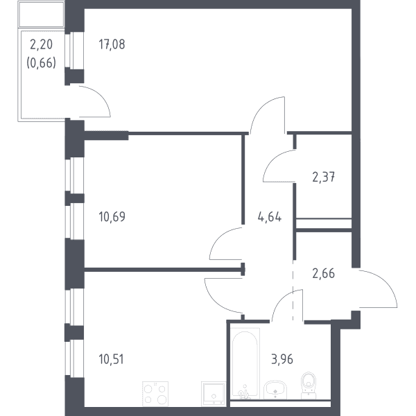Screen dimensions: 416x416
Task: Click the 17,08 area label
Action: pos(112,44)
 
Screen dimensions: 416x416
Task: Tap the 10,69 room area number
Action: pos(112,216)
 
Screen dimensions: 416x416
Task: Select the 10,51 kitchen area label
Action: pos(111,359)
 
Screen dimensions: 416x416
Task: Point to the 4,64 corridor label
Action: pos(269,217)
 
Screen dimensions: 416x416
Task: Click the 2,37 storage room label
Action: pos(323,177)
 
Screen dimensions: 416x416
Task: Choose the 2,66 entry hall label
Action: pos(323,273)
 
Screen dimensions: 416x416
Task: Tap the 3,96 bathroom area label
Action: pos(282,359)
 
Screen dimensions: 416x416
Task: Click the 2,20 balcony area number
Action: pos(41,44)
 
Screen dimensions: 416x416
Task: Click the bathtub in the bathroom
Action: pos(245,363)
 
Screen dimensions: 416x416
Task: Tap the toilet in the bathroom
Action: pos(309,385)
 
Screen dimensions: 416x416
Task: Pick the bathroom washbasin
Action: pos(275,390)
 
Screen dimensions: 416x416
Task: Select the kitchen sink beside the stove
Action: pos(214,394)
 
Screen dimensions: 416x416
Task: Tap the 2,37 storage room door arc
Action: pos(270,160)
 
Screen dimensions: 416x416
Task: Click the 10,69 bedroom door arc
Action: pos(218,237)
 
